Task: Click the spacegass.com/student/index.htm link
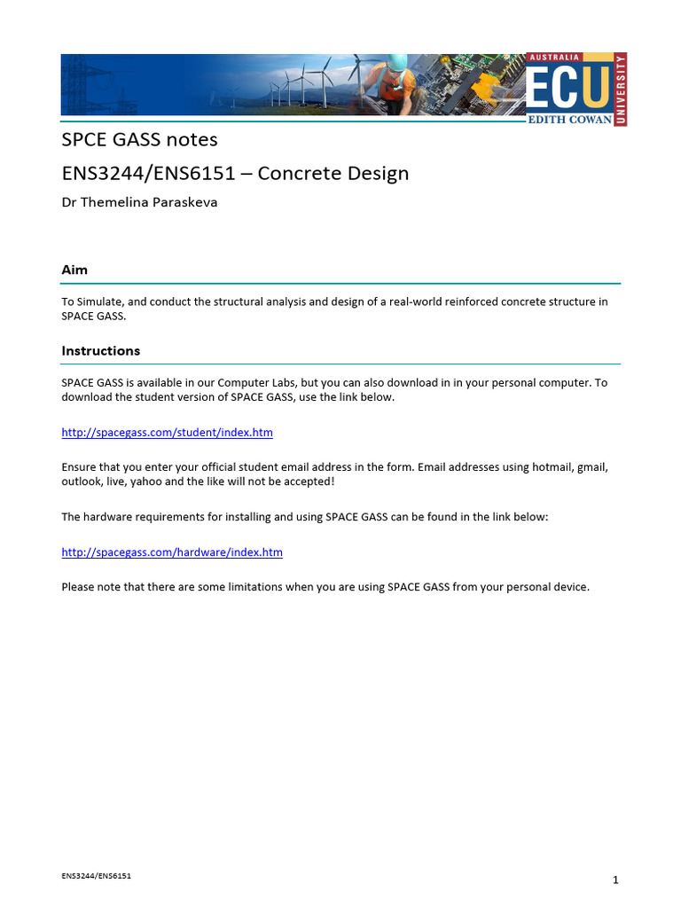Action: pos(167,433)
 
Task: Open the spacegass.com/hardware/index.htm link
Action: pos(172,552)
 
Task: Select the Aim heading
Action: pos(74,270)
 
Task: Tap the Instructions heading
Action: pos(100,350)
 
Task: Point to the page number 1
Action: pos(615,880)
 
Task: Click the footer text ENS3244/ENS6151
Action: pos(97,876)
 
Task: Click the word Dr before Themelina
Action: pos(69,202)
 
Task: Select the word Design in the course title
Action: pos(381,173)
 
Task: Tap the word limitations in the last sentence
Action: pos(257,586)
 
